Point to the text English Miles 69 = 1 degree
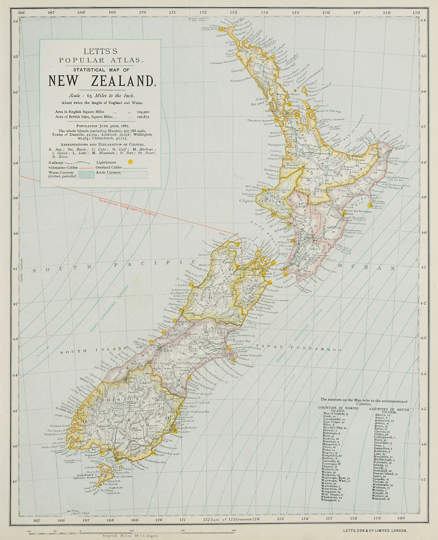pos(129,535)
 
